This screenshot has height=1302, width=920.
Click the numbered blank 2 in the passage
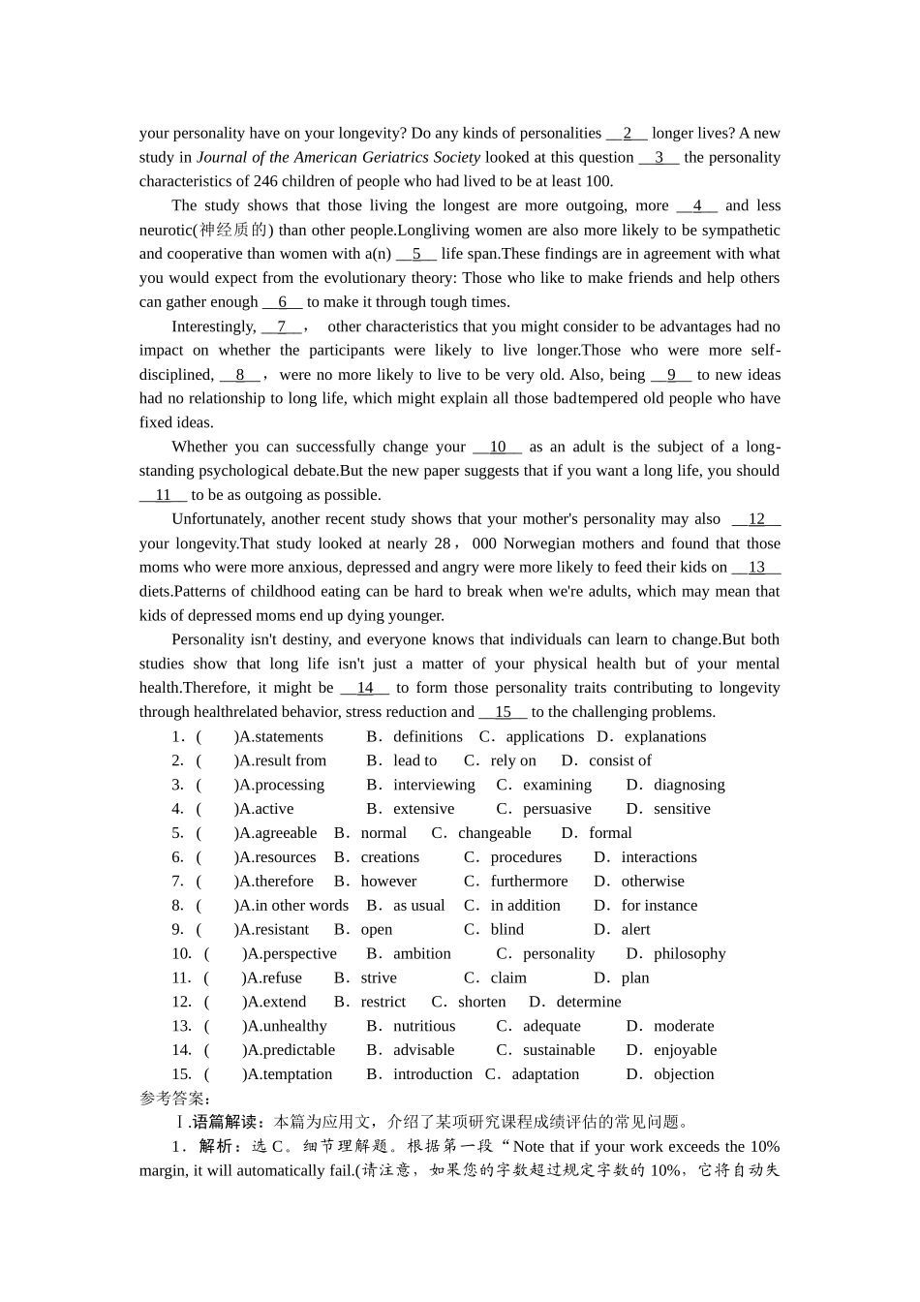[x=627, y=134]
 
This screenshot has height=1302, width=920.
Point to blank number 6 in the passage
[x=282, y=302]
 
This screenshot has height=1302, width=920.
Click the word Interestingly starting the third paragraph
[x=213, y=326]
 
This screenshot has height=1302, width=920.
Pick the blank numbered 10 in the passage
[x=498, y=447]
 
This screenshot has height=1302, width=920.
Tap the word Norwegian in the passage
[x=536, y=543]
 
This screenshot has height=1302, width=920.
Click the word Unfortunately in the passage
[x=217, y=519]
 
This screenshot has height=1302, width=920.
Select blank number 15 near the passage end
[x=503, y=712]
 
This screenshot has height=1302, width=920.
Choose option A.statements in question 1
[x=281, y=737]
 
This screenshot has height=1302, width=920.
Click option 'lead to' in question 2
[x=414, y=761]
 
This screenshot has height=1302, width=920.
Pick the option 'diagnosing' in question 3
[x=689, y=786]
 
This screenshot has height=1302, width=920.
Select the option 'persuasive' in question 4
[x=557, y=809]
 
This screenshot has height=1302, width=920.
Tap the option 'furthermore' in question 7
[x=529, y=882]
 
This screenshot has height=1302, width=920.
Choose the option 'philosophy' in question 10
[x=690, y=954]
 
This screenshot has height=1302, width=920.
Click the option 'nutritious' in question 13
[x=424, y=1026]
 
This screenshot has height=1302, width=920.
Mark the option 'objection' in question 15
[x=684, y=1074]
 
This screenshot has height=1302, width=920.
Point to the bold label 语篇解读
[x=224, y=1123]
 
